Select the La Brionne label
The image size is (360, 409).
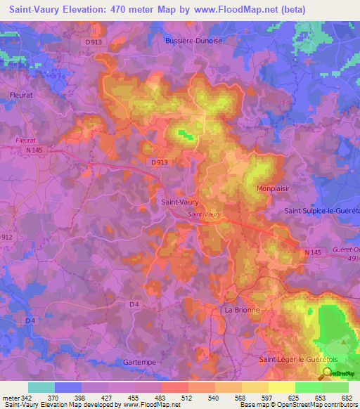point(242,309)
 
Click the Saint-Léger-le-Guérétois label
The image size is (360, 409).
point(298,360)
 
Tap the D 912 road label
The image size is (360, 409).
point(6,238)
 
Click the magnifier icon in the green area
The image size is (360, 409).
point(329,373)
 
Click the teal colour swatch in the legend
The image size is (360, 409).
point(41,387)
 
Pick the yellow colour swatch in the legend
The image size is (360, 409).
point(282,387)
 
